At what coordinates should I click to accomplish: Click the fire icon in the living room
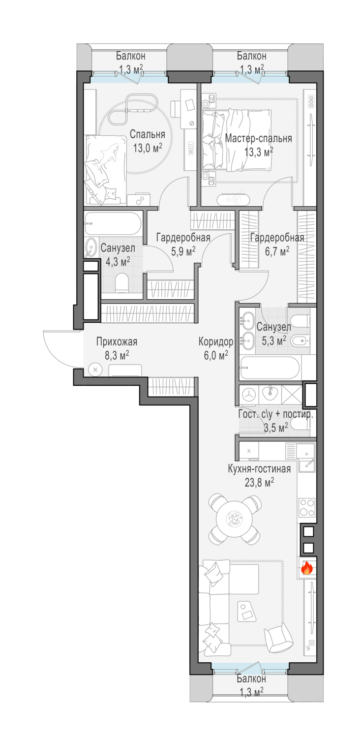(x=307, y=568)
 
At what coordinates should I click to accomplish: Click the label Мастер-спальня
(x=258, y=138)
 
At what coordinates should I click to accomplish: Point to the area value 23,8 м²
(x=260, y=483)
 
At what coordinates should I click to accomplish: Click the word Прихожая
(x=117, y=341)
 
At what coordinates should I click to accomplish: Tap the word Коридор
(x=216, y=342)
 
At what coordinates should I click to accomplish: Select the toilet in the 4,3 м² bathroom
(x=122, y=283)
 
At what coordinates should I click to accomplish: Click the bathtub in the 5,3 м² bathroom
(x=270, y=368)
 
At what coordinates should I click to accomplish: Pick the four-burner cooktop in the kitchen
(x=307, y=508)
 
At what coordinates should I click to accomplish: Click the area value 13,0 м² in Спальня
(x=148, y=148)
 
